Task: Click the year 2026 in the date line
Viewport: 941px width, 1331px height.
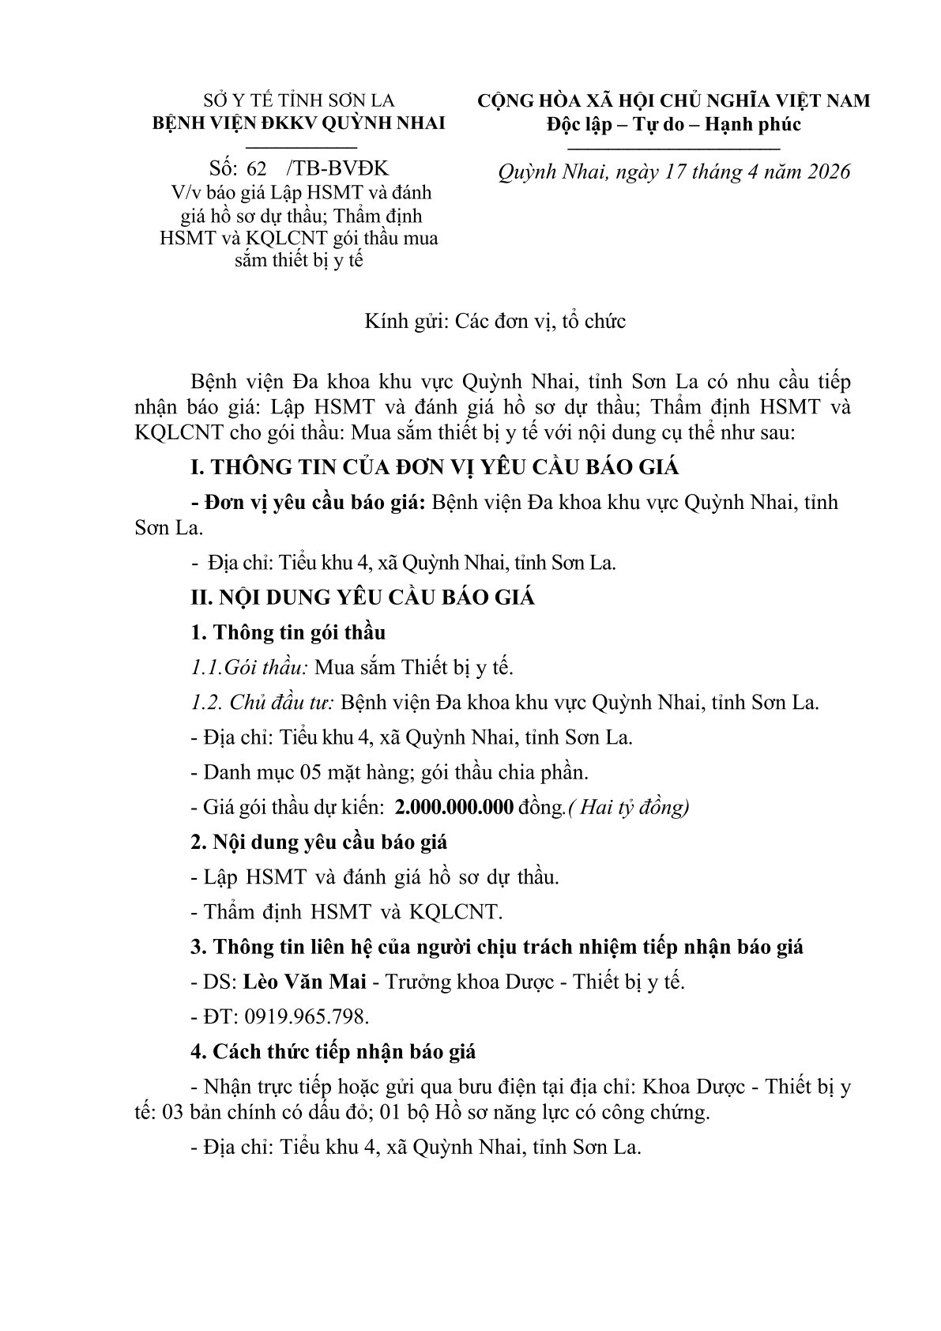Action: tap(821, 172)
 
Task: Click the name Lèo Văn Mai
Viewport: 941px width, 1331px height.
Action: tap(304, 982)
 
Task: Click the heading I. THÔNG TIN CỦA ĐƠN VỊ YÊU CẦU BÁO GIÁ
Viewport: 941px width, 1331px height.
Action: tap(435, 467)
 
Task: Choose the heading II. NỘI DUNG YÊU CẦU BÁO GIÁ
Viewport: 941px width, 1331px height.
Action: tap(363, 598)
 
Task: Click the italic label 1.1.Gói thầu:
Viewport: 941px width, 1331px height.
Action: tap(250, 667)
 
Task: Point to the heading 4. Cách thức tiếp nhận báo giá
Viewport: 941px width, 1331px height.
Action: tap(333, 1051)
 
